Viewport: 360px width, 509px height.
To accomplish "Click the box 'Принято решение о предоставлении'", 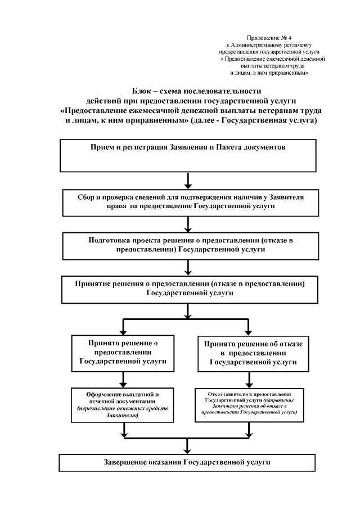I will [x=123, y=353].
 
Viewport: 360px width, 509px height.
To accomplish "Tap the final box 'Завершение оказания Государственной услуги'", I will [x=188, y=462].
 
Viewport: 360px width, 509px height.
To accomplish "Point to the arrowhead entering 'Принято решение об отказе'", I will [x=248, y=330].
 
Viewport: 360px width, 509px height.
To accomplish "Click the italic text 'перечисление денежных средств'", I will [x=123, y=410].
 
